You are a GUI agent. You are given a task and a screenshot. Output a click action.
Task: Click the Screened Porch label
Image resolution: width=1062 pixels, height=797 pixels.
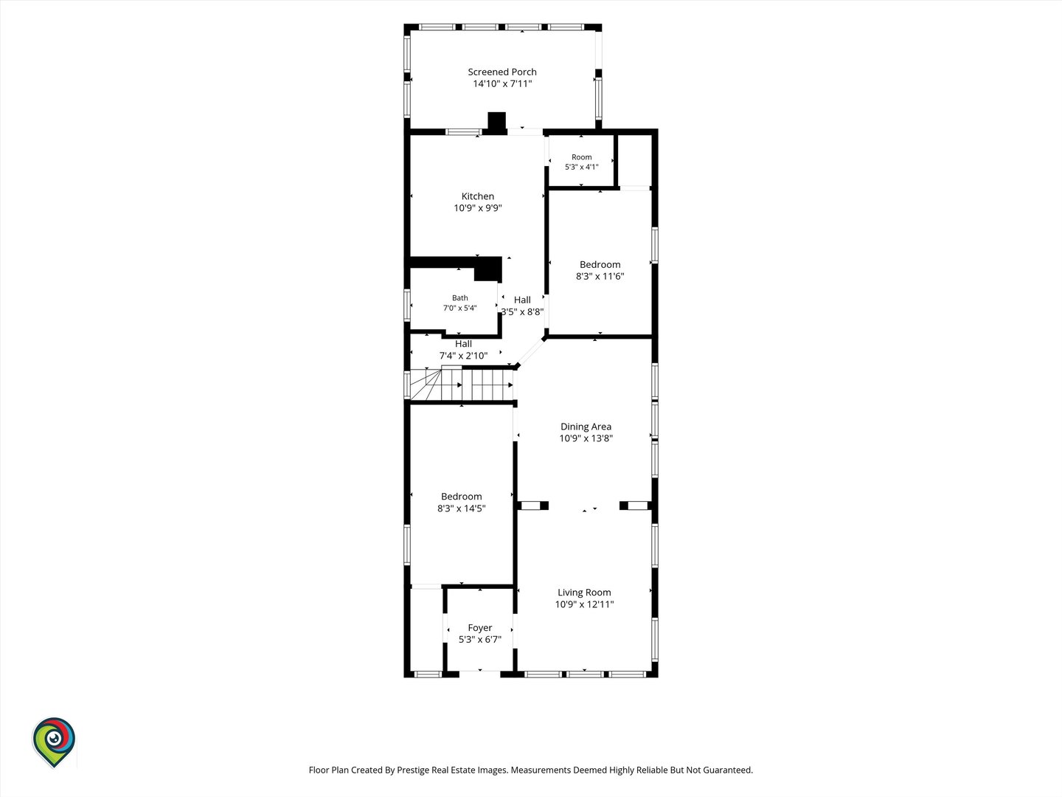point(502,72)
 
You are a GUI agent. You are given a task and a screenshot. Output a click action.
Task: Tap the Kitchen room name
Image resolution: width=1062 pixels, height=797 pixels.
point(478,196)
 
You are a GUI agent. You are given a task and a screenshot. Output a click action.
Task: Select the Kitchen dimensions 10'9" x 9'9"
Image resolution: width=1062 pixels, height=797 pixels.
point(478,208)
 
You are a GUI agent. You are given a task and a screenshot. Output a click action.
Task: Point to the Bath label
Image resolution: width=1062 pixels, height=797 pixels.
point(460,298)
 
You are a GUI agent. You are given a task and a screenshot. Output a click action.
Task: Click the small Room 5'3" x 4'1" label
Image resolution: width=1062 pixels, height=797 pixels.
point(582,162)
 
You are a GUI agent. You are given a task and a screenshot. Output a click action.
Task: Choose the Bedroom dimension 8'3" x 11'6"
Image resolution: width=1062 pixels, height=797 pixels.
point(600,276)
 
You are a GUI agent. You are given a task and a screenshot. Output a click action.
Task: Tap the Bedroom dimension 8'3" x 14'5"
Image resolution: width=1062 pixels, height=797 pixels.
point(461,508)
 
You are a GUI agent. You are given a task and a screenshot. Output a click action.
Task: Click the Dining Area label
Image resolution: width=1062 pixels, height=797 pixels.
point(586,427)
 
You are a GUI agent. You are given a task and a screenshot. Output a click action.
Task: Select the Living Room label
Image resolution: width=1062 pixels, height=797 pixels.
point(584,593)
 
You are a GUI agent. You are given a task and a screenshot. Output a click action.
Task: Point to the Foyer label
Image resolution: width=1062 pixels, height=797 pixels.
point(479,627)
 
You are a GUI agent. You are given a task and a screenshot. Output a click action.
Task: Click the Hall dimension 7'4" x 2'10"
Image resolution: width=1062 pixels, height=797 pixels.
point(463,356)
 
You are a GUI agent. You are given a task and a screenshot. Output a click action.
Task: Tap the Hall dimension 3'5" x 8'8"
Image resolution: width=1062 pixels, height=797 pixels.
point(522,312)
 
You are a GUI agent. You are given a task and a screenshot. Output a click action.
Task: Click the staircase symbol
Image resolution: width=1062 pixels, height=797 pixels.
point(461,384)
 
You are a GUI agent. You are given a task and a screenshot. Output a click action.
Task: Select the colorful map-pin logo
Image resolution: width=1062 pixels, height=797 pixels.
point(54,742)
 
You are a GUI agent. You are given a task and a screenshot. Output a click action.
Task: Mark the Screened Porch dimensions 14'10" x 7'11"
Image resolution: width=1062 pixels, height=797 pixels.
point(502,83)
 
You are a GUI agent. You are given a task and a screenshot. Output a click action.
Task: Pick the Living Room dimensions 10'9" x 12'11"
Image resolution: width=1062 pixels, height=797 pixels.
point(584,604)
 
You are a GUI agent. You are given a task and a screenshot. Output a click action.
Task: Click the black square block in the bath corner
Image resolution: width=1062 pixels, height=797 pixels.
point(487,269)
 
